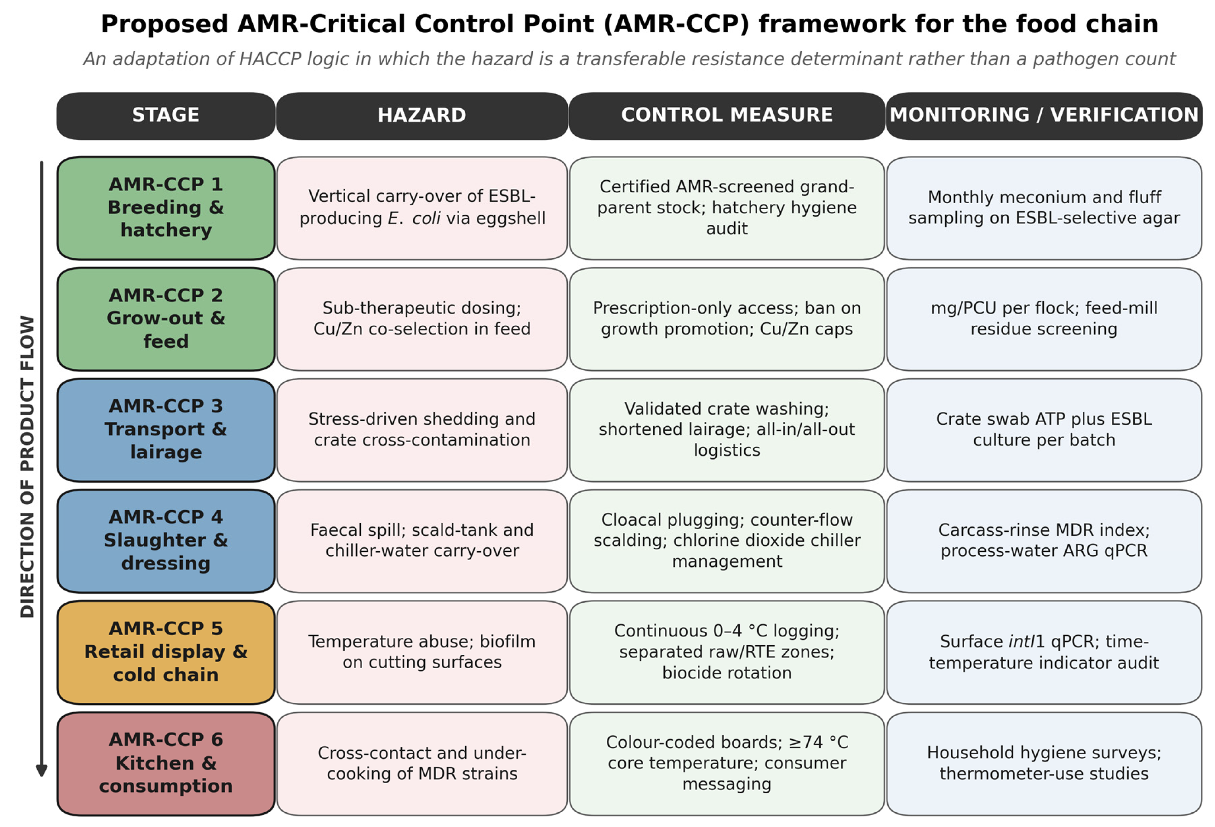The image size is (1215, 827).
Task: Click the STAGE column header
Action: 166,116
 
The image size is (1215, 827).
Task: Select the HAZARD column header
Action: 422,116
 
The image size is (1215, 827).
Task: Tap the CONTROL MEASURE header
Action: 727,116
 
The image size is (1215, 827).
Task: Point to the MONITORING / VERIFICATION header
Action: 1044,116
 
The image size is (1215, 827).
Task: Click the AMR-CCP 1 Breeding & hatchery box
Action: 166,208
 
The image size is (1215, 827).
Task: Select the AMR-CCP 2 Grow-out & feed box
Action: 166,319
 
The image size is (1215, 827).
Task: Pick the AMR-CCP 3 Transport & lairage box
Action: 166,430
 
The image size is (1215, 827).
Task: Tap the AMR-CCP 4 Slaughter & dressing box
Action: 166,541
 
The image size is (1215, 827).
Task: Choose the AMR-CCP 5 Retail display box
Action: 166,652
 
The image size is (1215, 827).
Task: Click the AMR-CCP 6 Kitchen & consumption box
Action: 166,764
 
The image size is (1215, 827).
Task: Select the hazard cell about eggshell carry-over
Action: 422,208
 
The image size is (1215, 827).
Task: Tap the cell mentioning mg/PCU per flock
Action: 1044,319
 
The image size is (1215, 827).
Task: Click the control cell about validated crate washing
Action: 727,430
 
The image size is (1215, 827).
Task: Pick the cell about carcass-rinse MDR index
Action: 1044,541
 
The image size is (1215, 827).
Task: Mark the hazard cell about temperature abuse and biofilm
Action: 422,652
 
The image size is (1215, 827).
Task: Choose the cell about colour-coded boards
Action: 727,764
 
